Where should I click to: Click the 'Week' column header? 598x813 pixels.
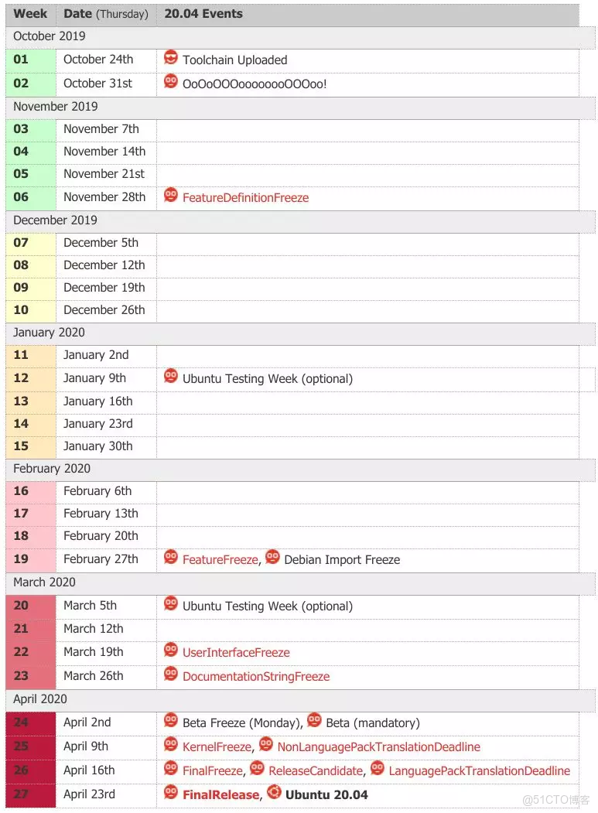tap(30, 14)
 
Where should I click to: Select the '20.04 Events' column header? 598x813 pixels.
tap(203, 14)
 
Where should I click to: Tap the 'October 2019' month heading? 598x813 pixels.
tap(50, 36)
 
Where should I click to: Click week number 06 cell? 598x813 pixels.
tap(21, 197)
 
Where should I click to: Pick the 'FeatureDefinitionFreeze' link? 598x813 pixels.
tap(245, 198)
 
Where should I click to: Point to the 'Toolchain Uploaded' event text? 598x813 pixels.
tap(234, 60)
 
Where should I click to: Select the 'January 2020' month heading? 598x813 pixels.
tap(49, 333)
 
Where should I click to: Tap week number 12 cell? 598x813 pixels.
tap(21, 378)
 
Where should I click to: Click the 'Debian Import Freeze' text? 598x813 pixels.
tap(342, 560)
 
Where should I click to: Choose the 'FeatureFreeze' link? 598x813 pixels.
tap(220, 560)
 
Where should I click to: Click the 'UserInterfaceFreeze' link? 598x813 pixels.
tap(236, 653)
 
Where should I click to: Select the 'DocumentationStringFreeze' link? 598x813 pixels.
tap(255, 677)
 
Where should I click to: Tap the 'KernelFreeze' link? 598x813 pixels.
tap(217, 747)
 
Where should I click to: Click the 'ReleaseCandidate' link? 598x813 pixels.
tap(316, 771)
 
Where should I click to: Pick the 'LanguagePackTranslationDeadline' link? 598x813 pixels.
tap(479, 771)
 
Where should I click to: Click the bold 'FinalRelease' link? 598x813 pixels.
tap(220, 795)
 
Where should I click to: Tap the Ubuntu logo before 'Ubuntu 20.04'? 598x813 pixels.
tap(274, 792)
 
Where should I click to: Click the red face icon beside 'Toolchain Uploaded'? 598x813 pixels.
tap(171, 58)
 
